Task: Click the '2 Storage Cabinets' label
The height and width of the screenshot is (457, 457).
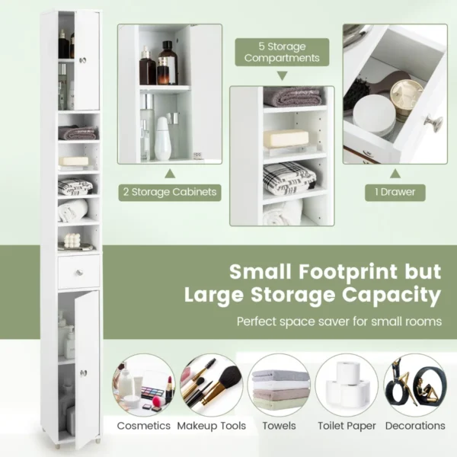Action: (x=168, y=192)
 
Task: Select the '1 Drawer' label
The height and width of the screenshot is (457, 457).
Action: (x=395, y=192)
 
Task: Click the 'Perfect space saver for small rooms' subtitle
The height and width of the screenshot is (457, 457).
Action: (x=339, y=321)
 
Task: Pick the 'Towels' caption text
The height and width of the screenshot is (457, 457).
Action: (x=280, y=426)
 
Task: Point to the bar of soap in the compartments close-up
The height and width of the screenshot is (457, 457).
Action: (x=286, y=139)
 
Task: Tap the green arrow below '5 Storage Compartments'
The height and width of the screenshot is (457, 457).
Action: (x=282, y=75)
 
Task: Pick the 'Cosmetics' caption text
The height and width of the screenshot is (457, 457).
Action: (x=144, y=426)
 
